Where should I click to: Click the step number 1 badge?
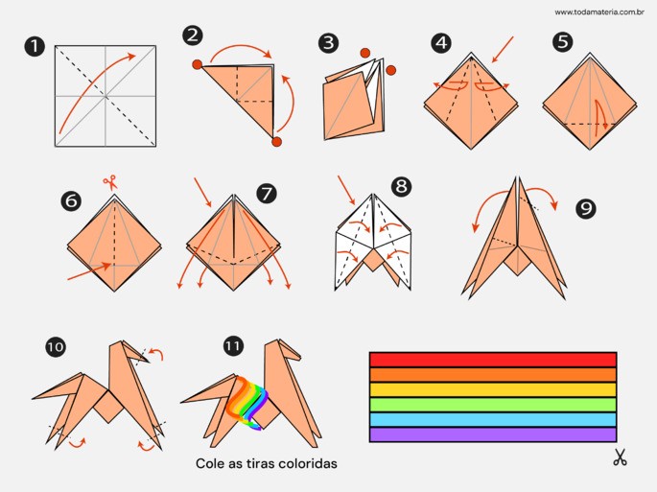[x=34, y=47]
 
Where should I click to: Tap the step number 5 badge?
[x=563, y=41]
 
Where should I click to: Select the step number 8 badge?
[x=401, y=186]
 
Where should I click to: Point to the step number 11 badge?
[x=233, y=346]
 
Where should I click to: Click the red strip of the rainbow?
[x=493, y=360]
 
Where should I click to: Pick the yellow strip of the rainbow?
[x=493, y=389]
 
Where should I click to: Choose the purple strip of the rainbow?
[x=493, y=434]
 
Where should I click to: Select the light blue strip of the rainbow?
[x=493, y=419]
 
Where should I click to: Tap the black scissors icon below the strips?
[x=620, y=457]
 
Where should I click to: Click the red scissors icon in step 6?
[x=110, y=183]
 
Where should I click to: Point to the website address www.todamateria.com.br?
[x=599, y=12]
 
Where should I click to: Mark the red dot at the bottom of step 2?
[x=276, y=142]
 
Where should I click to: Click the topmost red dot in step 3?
[x=365, y=53]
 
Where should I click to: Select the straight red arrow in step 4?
[x=502, y=50]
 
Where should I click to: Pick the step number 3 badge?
[x=328, y=43]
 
